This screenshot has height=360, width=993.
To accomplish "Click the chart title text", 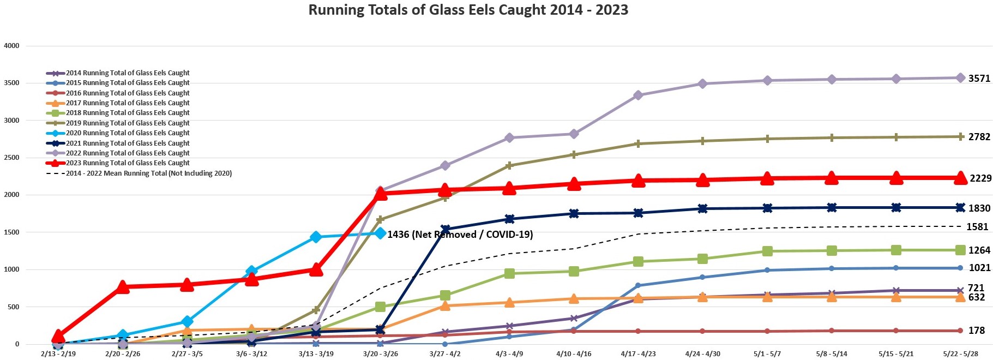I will pyautogui.click(x=468, y=10).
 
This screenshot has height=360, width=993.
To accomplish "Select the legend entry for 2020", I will pyautogui.click(x=128, y=133).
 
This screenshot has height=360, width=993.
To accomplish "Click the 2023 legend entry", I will pyautogui.click(x=128, y=163).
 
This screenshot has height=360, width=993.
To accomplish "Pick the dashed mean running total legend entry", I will pyautogui.click(x=148, y=173).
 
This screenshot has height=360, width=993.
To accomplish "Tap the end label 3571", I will pyautogui.click(x=979, y=79).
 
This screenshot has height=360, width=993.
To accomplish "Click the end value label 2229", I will pyautogui.click(x=980, y=178).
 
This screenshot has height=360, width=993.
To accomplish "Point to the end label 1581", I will pyautogui.click(x=977, y=227).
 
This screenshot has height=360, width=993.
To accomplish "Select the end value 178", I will pyautogui.click(x=976, y=331).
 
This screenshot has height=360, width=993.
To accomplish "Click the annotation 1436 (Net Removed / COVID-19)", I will pyautogui.click(x=460, y=235).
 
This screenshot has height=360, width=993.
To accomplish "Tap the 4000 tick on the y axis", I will pyautogui.click(x=11, y=46).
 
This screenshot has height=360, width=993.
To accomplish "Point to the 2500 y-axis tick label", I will pyautogui.click(x=11, y=158).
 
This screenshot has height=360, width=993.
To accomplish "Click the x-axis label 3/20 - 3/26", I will pyautogui.click(x=380, y=354).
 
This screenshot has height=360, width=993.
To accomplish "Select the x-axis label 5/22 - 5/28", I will pyautogui.click(x=960, y=354).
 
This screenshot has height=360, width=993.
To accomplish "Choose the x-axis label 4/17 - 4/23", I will pyautogui.click(x=638, y=354).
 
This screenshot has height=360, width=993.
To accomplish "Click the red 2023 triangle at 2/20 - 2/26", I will pyautogui.click(x=123, y=287).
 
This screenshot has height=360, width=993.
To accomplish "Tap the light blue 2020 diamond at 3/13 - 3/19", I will pyautogui.click(x=316, y=237).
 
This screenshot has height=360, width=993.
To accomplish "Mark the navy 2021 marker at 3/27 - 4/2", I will pyautogui.click(x=445, y=229).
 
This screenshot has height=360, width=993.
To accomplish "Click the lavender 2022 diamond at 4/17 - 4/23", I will pyautogui.click(x=638, y=95).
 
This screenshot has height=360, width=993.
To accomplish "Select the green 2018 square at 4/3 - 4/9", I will pyautogui.click(x=509, y=273).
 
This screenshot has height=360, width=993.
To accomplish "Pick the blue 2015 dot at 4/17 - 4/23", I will pyautogui.click(x=638, y=285).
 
